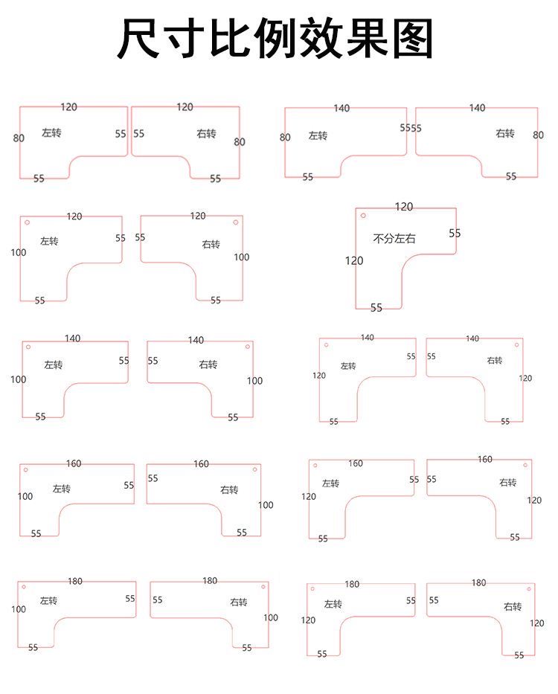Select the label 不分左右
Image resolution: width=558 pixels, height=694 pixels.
coord(394,239)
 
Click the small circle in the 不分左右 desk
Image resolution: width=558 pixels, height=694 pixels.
coord(363,216)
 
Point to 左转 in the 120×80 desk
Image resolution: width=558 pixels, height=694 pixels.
coord(51,133)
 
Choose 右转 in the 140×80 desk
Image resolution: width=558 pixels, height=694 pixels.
coord(505,133)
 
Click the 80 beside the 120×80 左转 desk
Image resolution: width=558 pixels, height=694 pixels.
coord(19,138)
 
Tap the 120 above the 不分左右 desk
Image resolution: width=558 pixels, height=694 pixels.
coord(404,207)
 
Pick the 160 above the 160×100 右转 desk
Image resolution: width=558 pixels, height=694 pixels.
coord(202,464)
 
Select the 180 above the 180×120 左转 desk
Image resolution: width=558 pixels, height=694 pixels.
coord(352,584)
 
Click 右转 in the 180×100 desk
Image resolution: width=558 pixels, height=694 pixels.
coord(238,602)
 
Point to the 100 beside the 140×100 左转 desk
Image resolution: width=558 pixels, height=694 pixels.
coord(19,379)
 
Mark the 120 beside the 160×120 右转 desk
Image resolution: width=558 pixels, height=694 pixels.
coord(535,501)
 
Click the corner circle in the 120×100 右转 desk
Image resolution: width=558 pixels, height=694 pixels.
coord(236,222)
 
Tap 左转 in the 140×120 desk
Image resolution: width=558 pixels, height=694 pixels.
coord(348,366)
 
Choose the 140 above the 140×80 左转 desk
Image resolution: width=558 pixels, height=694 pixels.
coord(341,109)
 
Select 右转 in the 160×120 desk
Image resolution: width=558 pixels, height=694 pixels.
coord(508,483)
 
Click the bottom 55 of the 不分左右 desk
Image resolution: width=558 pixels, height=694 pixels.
coord(376,307)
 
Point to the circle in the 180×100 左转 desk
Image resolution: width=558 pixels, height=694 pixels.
coord(24,587)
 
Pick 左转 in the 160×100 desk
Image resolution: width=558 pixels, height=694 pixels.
coord(61,489)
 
